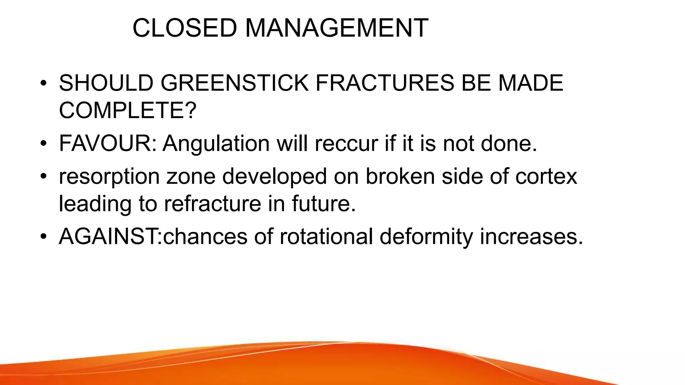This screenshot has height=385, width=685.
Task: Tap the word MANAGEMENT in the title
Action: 336,28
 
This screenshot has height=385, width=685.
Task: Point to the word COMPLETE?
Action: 127,110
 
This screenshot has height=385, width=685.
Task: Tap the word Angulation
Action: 216,143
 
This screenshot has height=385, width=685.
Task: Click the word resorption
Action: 109,177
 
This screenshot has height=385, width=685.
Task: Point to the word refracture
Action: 213,204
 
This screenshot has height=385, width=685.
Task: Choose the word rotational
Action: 326,237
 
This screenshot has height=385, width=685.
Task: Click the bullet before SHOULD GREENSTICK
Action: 43,84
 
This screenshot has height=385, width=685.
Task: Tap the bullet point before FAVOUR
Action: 43,144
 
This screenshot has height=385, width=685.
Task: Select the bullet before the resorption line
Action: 43,176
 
